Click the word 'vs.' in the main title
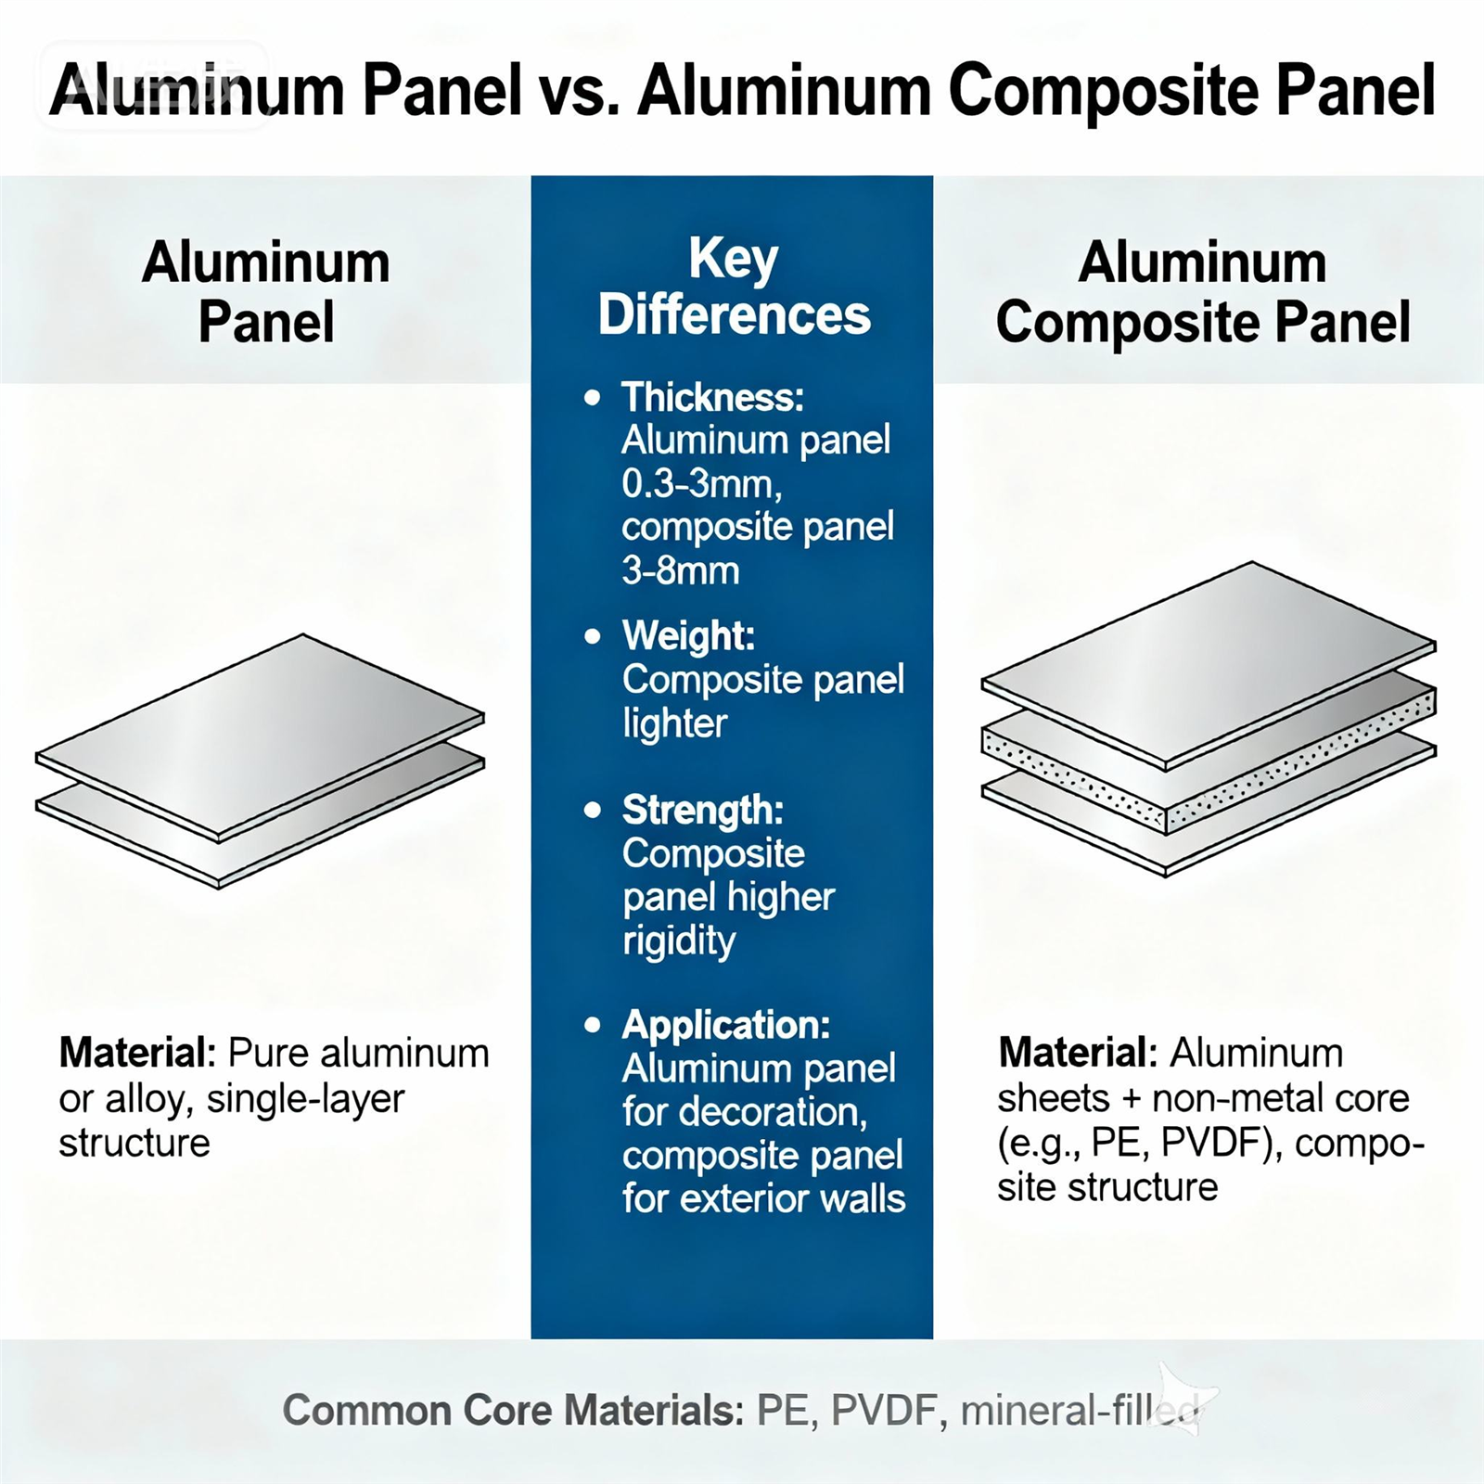579,91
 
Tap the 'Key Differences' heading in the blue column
734,287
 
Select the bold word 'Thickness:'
712,397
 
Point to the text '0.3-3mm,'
701,483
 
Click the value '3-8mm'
681,570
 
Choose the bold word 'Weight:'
688,636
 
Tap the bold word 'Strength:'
702,810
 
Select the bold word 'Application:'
725,1025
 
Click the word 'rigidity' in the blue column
679,940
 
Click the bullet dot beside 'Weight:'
593,637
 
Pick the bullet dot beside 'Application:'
593,1026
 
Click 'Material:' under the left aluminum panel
137,1054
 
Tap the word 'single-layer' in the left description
305,1099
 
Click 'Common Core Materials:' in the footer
513,1411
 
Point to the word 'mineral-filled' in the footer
1081,1411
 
